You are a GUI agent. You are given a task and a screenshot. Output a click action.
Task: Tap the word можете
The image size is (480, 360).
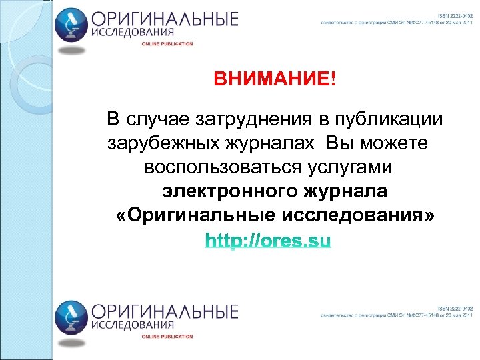coord(394,144)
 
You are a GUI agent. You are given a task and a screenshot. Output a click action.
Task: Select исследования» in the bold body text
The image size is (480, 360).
coord(359,215)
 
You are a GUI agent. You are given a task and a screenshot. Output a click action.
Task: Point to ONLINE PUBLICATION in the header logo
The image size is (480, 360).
coord(167,44)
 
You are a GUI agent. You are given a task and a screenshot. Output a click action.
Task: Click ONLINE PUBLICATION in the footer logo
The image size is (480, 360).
coord(167,337)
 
